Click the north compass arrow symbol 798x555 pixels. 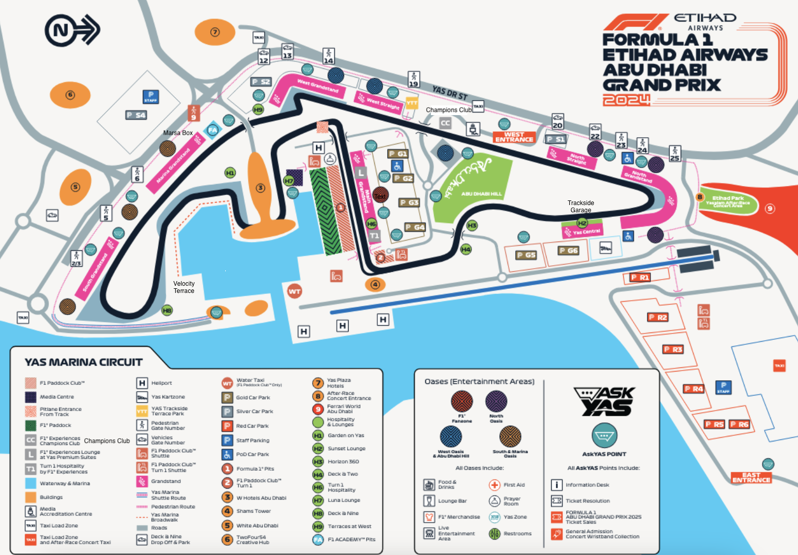pos(72,30)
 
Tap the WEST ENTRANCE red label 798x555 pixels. pos(514,137)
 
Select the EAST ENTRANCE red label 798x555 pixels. pos(751,477)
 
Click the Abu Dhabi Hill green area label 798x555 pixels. pos(481,194)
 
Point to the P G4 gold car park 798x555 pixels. pos(415,227)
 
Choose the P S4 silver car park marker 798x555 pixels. pos(136,115)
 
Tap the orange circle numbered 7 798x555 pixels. pos(215,32)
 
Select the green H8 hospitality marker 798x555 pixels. pos(167,310)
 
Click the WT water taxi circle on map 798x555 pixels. pos(294,291)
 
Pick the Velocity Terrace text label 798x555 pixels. pos(184,287)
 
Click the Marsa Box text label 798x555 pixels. pos(178,133)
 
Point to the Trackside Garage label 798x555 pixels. pos(581,206)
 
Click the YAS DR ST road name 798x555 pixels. pos(449,93)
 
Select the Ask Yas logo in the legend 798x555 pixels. pos(605,401)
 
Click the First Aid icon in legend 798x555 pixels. pos(495,485)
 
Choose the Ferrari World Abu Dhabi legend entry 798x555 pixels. pos(343,409)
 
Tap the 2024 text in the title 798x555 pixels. pos(626,100)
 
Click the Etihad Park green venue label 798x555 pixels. pos(728,200)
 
